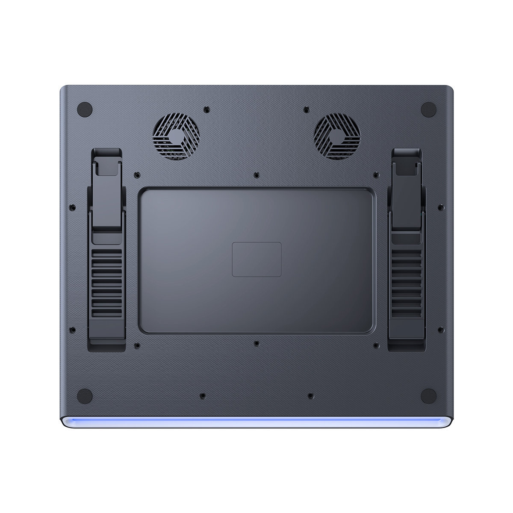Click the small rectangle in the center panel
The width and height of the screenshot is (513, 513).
(256, 259)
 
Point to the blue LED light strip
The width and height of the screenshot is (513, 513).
(256, 422)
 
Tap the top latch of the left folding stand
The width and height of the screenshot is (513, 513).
(106, 162)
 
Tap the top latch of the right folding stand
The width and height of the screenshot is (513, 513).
(407, 162)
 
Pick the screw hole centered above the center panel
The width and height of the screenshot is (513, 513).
(256, 175)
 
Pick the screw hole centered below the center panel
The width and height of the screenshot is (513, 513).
(256, 343)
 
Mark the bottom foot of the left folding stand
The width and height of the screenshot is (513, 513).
(107, 340)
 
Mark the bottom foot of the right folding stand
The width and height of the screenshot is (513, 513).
(407, 340)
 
